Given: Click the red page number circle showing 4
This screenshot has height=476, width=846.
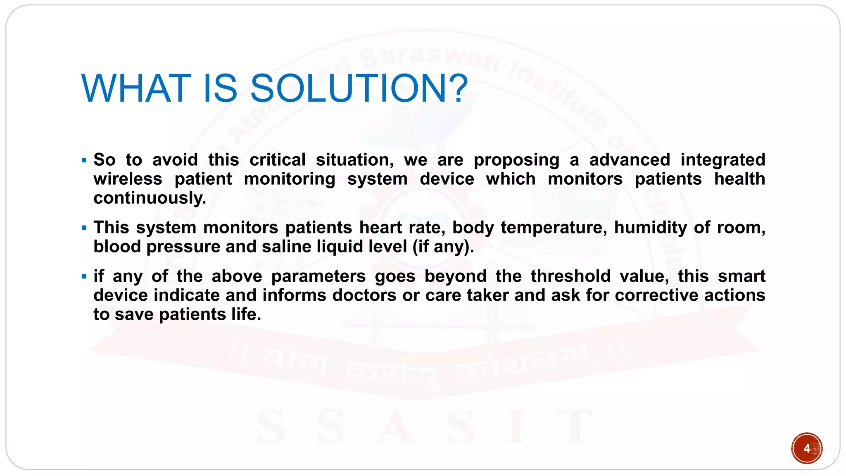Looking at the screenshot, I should (x=806, y=448).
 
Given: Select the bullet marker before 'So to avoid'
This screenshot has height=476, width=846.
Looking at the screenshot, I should (x=84, y=160).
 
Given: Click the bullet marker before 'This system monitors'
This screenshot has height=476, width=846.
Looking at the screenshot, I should (x=84, y=228).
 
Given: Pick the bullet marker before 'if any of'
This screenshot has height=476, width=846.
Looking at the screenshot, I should (x=84, y=276).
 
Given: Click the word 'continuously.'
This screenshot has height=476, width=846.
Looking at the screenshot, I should (x=150, y=198).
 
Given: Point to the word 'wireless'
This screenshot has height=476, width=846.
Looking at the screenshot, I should (x=128, y=179).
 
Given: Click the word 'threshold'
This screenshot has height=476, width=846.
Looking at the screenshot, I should (x=570, y=276).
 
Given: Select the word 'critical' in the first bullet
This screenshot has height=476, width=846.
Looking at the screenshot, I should (x=278, y=160).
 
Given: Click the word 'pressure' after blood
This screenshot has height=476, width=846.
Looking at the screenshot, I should (x=183, y=247).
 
